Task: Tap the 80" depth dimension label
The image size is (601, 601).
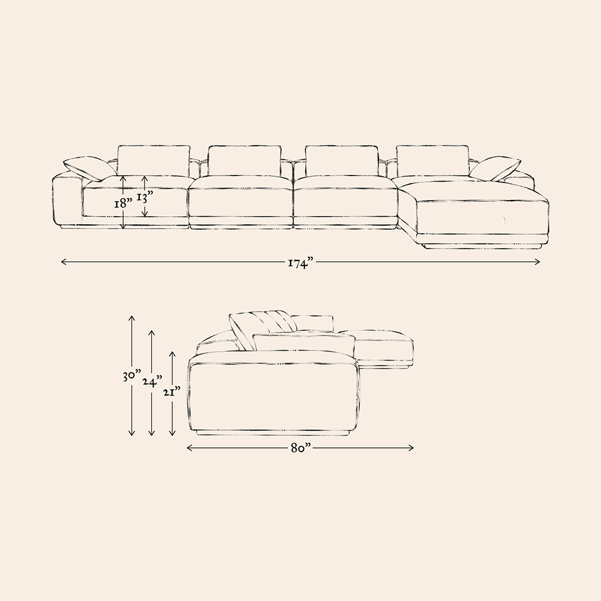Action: point(300,449)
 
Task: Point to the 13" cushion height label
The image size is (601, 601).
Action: point(145,198)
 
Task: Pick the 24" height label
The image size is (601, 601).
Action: point(152,382)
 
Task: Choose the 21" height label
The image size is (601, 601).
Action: point(171,392)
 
